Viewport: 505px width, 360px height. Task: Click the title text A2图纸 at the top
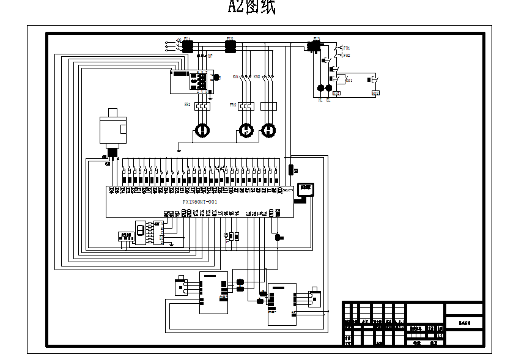coord(252,7)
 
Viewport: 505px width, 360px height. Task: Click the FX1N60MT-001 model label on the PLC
coord(199,202)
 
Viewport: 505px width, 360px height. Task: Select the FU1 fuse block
coord(187,45)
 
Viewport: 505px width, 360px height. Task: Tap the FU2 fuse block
coord(230,45)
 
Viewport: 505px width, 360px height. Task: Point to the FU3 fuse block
coord(316,46)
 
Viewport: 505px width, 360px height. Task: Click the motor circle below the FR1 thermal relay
coord(202,130)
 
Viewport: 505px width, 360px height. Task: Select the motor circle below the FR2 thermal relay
coord(245,130)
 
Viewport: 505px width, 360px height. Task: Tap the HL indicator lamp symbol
coord(320,88)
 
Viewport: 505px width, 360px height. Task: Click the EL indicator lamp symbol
coord(329,88)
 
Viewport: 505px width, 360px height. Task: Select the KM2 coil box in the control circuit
coord(375,93)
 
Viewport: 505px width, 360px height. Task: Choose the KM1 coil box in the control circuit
coord(337,94)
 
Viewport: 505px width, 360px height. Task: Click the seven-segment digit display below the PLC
coord(141,230)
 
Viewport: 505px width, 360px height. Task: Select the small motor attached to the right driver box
coord(315,296)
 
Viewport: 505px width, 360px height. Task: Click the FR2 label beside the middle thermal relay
coord(232,105)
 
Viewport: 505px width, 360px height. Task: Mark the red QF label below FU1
coord(210,56)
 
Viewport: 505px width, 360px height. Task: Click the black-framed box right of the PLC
coord(304,189)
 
